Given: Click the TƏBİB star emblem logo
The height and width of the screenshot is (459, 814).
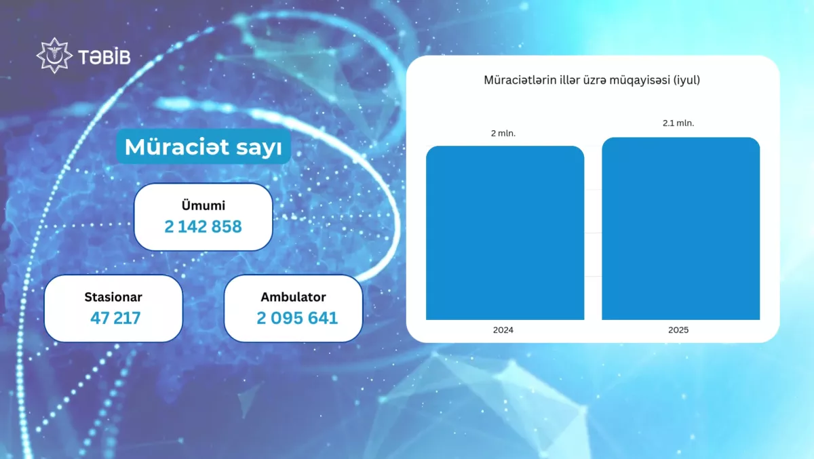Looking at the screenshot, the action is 54,56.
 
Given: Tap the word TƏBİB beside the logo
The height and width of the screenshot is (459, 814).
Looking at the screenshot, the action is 104,57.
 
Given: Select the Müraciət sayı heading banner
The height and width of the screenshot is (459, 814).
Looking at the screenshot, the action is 203,146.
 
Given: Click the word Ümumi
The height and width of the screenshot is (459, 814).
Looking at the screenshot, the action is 203,205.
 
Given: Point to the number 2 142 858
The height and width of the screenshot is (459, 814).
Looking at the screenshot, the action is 203,226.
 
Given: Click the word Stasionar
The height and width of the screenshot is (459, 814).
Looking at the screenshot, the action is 113,297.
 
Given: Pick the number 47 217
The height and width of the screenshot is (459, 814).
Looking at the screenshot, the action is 115,318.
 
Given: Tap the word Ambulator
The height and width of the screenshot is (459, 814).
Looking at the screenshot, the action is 293,297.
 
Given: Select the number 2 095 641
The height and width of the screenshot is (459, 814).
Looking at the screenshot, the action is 297,318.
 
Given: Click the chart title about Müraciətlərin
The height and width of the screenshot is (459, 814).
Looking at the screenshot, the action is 592,80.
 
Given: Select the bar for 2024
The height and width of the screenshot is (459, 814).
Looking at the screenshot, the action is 505,233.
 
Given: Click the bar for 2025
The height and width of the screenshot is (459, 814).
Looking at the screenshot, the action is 680,228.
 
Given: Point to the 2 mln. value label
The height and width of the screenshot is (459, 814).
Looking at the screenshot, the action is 503,134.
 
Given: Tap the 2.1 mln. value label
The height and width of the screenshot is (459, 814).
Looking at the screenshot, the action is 678,123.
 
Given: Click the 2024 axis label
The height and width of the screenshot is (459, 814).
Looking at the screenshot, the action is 503,330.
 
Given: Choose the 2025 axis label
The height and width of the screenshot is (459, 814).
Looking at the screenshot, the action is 678,330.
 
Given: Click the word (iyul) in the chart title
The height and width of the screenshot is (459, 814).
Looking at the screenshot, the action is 686,80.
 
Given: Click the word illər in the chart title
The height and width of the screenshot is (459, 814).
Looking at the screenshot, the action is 568,79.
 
